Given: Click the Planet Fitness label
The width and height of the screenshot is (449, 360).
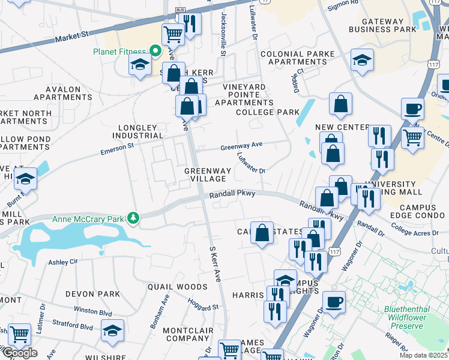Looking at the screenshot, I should coord(119,52).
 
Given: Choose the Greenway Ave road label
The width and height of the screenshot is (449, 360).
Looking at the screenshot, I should coord(241,146).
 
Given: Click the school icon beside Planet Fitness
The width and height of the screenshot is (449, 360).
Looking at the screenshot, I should coord(140,64).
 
